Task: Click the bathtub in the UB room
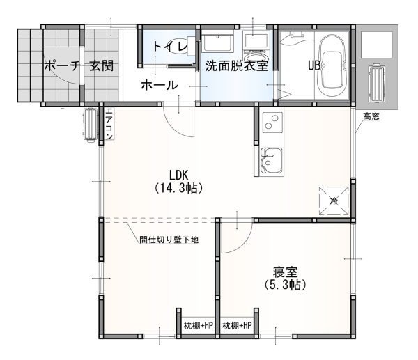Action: pos(332,66)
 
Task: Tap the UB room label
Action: pos(314,65)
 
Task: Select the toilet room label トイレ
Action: pos(170,47)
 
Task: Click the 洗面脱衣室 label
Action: pos(237,66)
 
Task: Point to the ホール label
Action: pos(159,85)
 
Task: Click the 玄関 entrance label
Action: pos(102,66)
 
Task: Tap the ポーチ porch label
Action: pos(62,66)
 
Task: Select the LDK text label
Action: pos(178,175)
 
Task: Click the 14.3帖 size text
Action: pos(178,188)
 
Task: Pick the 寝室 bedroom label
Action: pos(285,272)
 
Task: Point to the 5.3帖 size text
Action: pos(285,285)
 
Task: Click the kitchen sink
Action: pos(272,160)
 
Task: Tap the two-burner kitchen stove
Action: pos(272,123)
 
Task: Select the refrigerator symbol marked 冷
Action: pos(334,201)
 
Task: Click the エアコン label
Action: pos(109,123)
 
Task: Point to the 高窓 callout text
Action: pos(371,116)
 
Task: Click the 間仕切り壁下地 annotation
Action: pos(169,240)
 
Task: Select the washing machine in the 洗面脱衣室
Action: pos(256,47)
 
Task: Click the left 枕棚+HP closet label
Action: pos(199,325)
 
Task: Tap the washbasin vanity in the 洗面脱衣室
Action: pos(217,42)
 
